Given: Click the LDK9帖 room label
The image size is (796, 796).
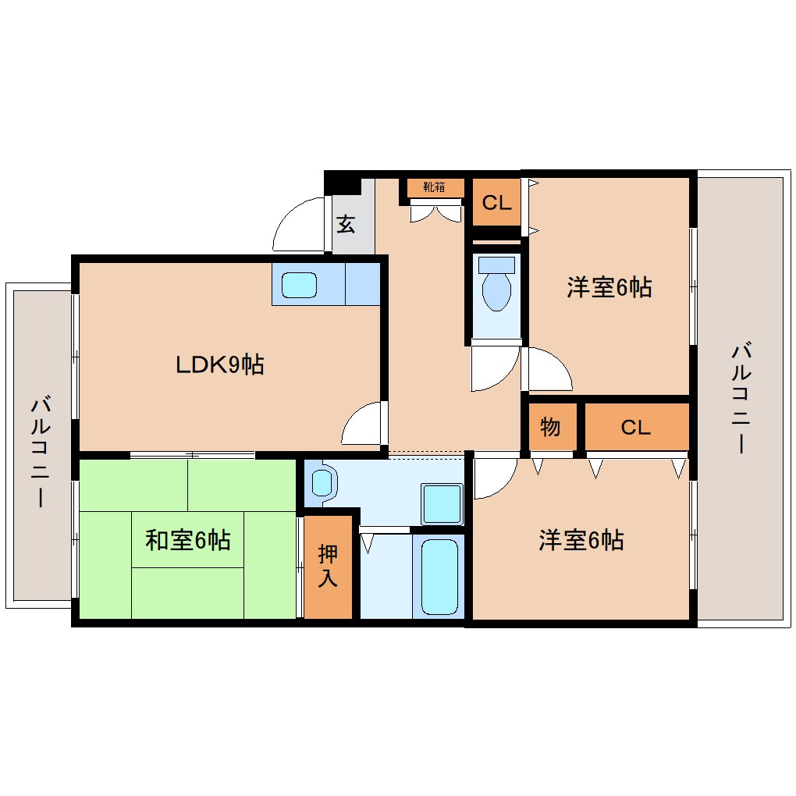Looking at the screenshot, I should pyautogui.click(x=219, y=364).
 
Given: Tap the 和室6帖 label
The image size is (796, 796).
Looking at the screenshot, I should pyautogui.click(x=188, y=540).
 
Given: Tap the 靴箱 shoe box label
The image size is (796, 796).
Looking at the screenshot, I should pyautogui.click(x=435, y=187).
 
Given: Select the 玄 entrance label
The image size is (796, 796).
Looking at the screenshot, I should pyautogui.click(x=346, y=225).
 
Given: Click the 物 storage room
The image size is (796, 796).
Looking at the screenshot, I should pyautogui.click(x=550, y=427).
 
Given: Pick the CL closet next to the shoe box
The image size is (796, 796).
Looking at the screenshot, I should pyautogui.click(x=496, y=203).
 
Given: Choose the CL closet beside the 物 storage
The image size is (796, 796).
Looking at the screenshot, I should pyautogui.click(x=636, y=427).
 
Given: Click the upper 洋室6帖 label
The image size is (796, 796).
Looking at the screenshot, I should pyautogui.click(x=609, y=288).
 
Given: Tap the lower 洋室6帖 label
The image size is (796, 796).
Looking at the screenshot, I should pyautogui.click(x=581, y=540).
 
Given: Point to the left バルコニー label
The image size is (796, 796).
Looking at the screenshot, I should pyautogui.click(x=41, y=453).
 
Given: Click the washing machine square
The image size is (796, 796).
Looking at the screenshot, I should pyautogui.click(x=442, y=503).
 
